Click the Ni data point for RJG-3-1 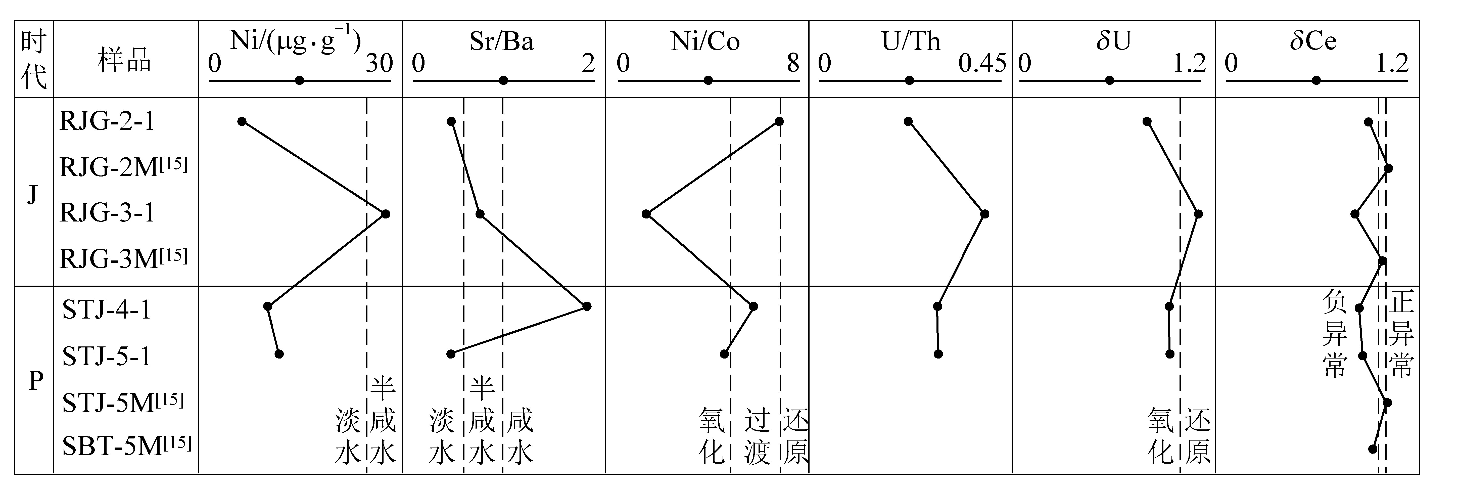coord(385,214)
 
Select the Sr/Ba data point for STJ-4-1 coord(587,306)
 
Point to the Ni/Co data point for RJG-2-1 coord(779,121)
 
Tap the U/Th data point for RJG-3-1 coord(985,214)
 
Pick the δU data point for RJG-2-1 coord(1147,121)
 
